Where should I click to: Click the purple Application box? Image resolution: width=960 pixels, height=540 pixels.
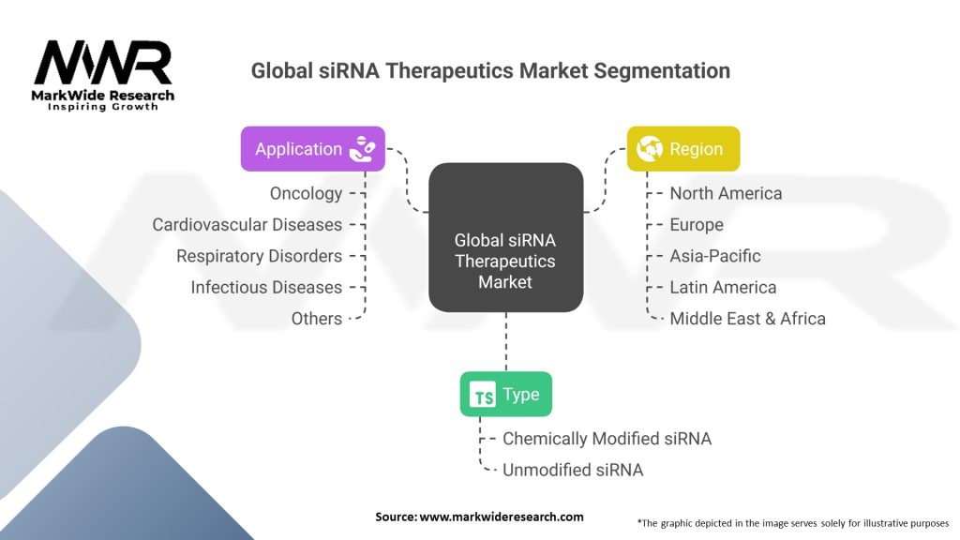[x=312, y=149]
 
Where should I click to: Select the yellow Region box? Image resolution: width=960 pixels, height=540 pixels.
[x=682, y=149]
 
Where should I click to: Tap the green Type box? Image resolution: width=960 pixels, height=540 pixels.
[x=505, y=395]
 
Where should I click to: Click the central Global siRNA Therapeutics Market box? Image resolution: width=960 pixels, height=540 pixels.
[x=505, y=238]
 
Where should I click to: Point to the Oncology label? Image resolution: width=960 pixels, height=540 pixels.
[x=306, y=193]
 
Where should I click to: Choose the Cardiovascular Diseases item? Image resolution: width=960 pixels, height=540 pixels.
[x=247, y=225]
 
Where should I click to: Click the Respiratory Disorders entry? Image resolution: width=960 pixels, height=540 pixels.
[x=259, y=256]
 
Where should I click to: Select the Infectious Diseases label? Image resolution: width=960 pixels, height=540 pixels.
[x=266, y=287]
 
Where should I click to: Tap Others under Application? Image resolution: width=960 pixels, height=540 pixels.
[x=316, y=319]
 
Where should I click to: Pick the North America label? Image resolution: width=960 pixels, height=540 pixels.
[x=726, y=193]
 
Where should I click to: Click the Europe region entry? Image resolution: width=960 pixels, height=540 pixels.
[x=697, y=225]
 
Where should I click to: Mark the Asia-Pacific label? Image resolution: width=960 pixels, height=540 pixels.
[x=715, y=256]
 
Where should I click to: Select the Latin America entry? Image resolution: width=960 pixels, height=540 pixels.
[x=723, y=287]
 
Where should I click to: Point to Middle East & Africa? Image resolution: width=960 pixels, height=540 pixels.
[x=747, y=319]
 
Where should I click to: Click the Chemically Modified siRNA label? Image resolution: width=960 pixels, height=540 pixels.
[x=607, y=439]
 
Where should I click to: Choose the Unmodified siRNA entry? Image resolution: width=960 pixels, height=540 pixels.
[x=573, y=470]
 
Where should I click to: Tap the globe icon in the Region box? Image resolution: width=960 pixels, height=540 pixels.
[x=649, y=149]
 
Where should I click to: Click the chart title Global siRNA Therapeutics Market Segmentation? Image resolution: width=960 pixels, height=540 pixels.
[x=490, y=70]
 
